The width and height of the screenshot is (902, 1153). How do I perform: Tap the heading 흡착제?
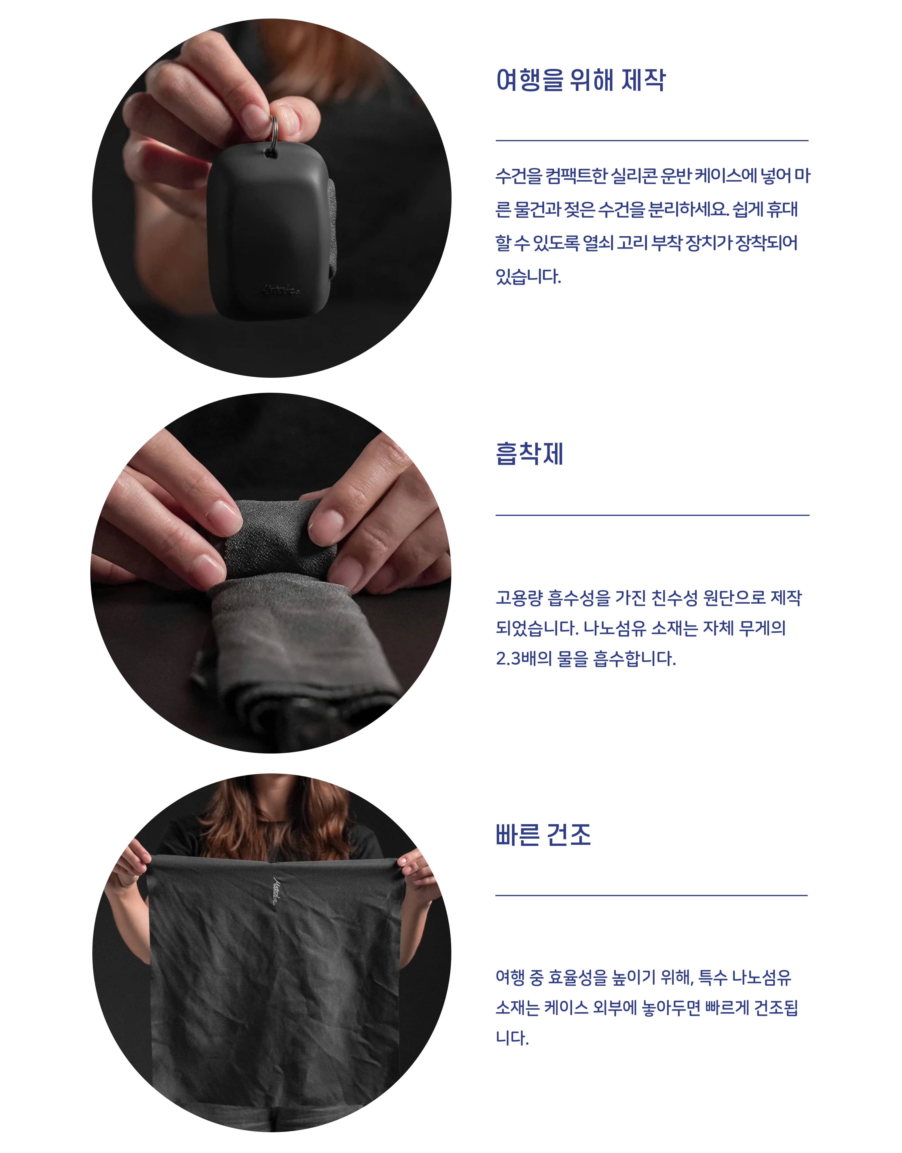[530, 454]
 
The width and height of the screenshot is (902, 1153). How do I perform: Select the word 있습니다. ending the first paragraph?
[528, 277]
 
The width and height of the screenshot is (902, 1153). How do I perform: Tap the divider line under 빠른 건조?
[652, 895]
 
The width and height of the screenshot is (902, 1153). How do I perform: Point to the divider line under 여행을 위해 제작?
[652, 141]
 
